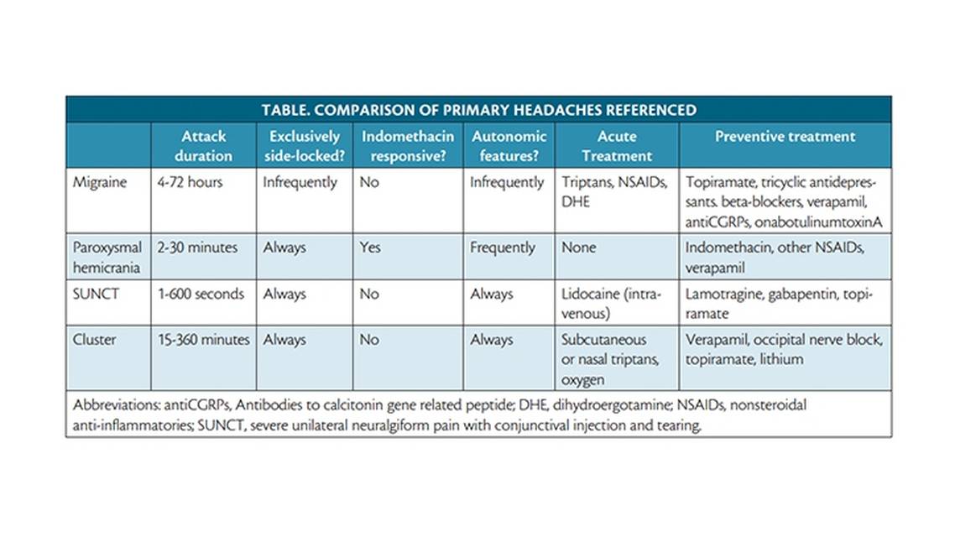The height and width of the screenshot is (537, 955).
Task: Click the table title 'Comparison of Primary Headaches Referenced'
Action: click(478, 110)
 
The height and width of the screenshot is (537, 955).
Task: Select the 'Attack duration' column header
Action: click(204, 145)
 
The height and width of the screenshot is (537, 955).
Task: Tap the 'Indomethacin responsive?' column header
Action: click(407, 145)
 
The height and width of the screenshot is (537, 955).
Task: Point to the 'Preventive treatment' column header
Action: click(785, 137)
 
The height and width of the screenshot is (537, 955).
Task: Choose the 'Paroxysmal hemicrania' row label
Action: click(108, 258)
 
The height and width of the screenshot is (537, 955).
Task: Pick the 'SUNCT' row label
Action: click(96, 295)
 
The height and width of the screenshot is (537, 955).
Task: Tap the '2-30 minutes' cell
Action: click(197, 248)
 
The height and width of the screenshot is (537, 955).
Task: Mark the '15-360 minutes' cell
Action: click(204, 340)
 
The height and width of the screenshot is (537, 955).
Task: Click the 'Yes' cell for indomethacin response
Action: click(370, 248)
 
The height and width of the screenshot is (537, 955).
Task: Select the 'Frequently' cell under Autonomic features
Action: click(503, 248)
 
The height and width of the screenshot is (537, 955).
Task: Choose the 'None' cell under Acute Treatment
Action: click(579, 248)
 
